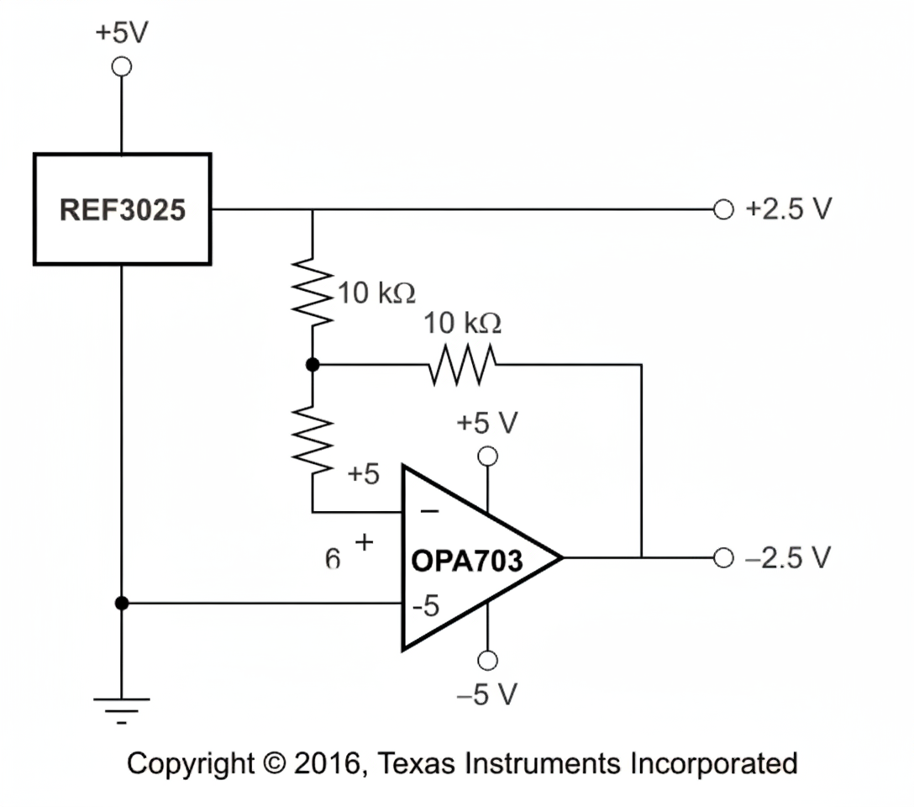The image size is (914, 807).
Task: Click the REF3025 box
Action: [x=122, y=209]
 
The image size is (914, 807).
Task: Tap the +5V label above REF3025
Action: [x=121, y=34]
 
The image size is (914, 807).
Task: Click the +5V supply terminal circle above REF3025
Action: [x=122, y=66]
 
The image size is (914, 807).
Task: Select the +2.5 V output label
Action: [x=788, y=209]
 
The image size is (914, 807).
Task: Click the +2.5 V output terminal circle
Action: [x=723, y=209]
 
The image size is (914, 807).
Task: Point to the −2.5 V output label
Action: [x=788, y=557]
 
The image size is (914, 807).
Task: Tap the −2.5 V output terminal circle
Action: [x=723, y=557]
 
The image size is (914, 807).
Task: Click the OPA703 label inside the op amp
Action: [x=467, y=562]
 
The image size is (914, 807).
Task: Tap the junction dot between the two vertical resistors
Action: [x=313, y=365]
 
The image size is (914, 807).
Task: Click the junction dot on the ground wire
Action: [x=122, y=603]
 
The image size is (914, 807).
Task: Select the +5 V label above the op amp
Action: [x=487, y=424]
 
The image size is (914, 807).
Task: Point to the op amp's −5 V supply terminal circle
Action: [x=487, y=661]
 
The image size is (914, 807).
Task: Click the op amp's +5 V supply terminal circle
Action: [x=487, y=456]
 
